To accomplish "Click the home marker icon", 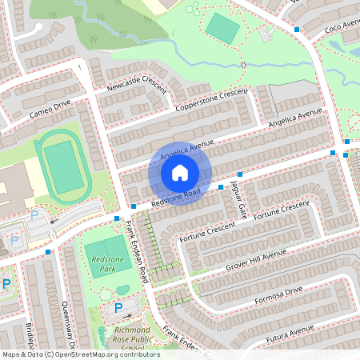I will coord(180,173).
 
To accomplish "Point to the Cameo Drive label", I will coord(50,106).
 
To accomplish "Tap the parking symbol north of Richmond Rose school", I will coord(118,308).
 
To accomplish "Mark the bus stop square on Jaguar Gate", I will coord(240,174).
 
